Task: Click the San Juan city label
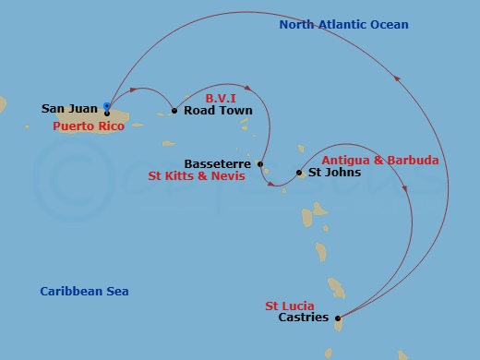click(x=70, y=109)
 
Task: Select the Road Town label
click(x=218, y=111)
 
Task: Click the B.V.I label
click(x=222, y=96)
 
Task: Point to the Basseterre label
click(x=217, y=163)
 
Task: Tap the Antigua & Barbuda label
click(x=379, y=160)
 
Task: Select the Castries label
click(x=303, y=318)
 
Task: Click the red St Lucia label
click(x=290, y=306)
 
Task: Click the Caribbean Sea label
click(x=84, y=292)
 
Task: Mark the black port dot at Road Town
click(x=174, y=111)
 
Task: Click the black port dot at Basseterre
click(x=260, y=164)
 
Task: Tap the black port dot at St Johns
click(x=299, y=172)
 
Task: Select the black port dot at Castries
click(x=338, y=318)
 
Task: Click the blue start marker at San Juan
click(x=107, y=107)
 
